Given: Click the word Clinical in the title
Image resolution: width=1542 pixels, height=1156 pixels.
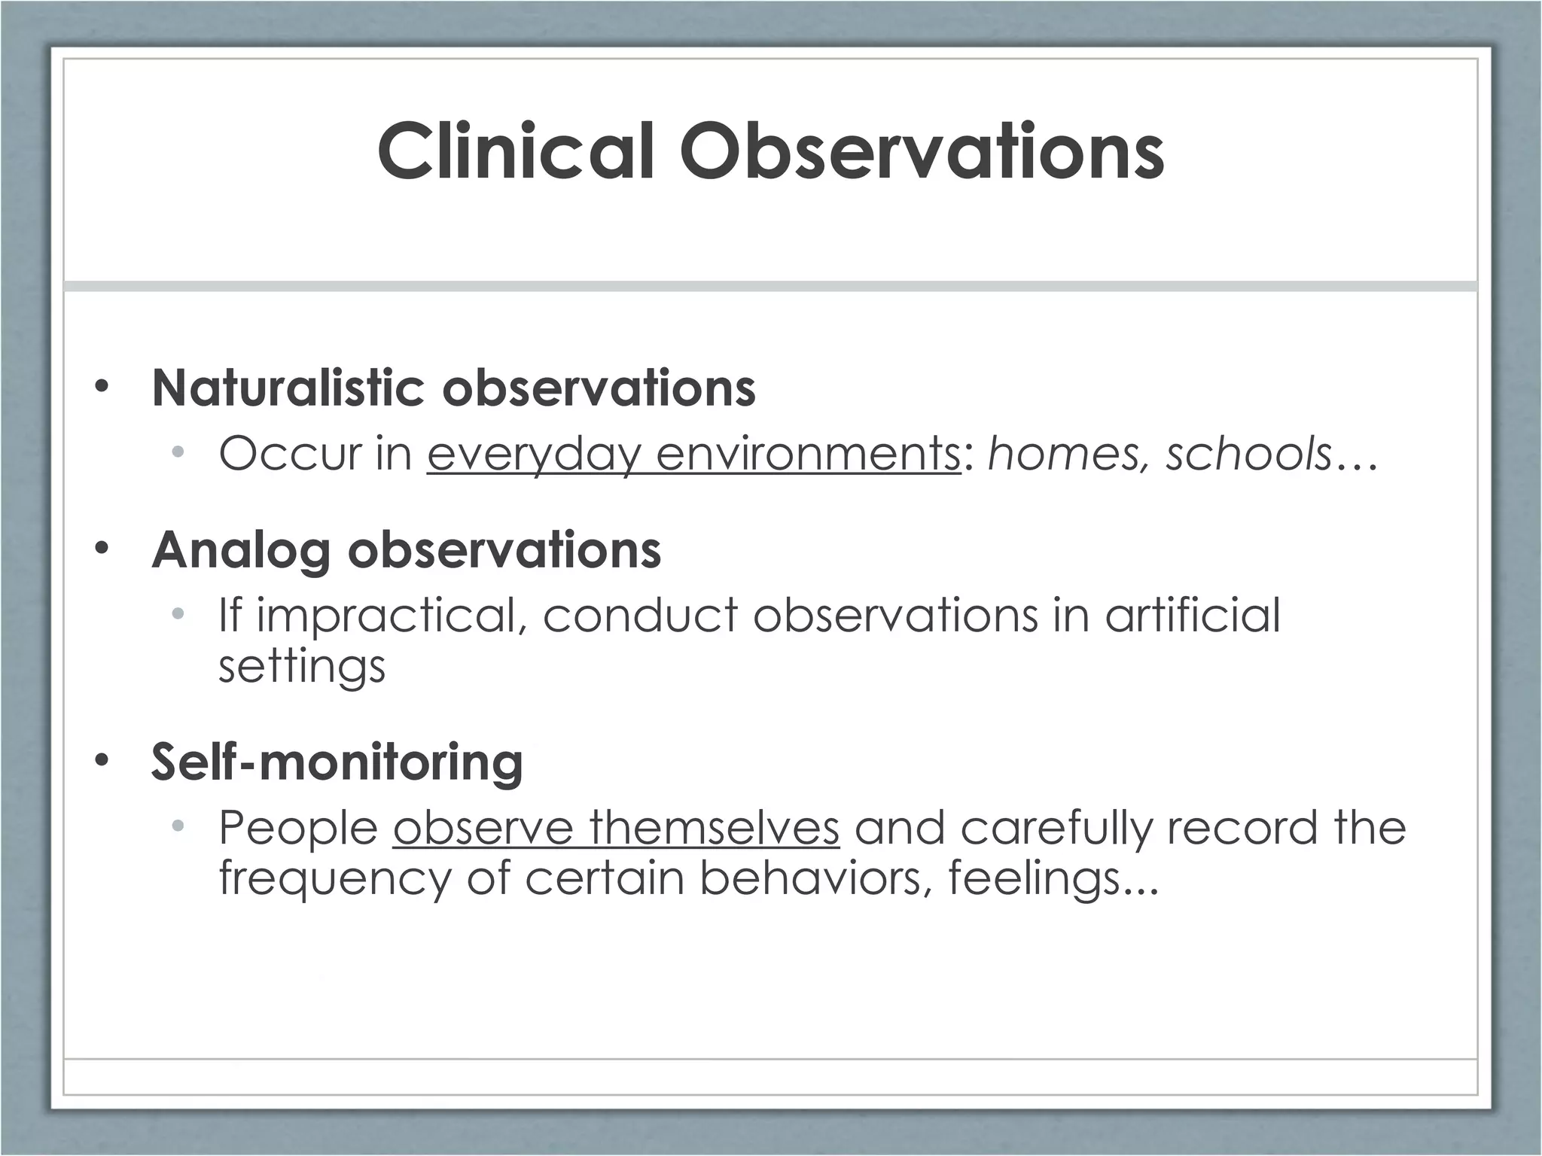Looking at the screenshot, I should [x=515, y=152].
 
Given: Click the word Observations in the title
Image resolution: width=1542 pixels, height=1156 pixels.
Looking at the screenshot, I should [x=921, y=152].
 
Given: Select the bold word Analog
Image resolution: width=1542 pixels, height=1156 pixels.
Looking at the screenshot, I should [x=240, y=551].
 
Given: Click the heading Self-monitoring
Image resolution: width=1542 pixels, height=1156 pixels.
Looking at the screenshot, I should [x=337, y=762].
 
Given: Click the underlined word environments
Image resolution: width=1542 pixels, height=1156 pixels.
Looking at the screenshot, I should [x=808, y=455].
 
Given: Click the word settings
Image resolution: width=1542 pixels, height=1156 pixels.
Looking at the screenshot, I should [x=301, y=666].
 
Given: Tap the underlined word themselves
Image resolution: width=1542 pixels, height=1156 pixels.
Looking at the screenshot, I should [x=714, y=828].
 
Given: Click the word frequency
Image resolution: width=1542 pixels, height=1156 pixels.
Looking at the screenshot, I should [x=334, y=879].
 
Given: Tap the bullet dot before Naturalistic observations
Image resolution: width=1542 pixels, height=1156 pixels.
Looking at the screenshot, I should [x=102, y=388].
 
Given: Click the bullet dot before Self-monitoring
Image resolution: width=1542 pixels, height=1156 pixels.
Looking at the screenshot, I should [x=102, y=762].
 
